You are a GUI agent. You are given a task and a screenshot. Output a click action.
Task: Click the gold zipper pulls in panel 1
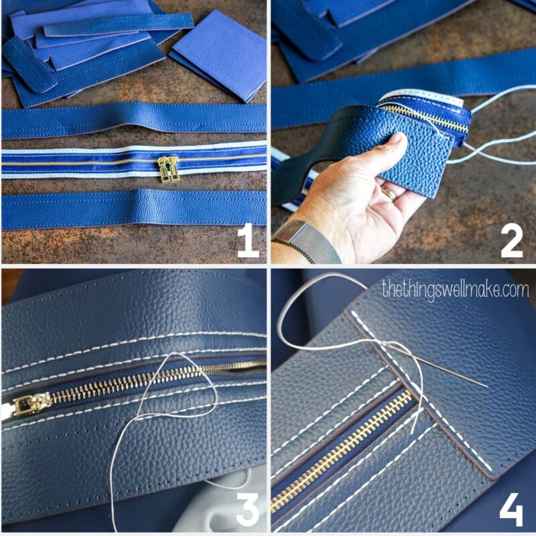[x=167, y=170]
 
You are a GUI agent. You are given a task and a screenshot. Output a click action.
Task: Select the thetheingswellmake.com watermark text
[x=455, y=289]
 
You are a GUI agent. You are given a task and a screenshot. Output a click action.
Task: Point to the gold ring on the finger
[x=389, y=194]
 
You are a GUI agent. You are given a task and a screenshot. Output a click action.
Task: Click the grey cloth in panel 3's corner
[x=221, y=496]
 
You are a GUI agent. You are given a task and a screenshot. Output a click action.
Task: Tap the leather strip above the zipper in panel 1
[x=134, y=119]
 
